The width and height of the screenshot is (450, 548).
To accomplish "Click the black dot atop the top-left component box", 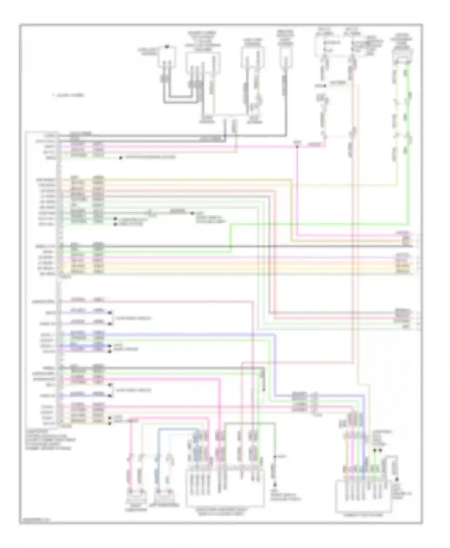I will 167,47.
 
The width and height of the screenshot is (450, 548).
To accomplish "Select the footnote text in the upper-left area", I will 68,95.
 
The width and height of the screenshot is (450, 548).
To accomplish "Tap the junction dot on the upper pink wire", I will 297,146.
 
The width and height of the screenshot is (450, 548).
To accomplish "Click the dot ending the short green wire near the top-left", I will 121,158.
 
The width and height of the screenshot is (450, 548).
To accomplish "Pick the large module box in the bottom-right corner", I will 363,496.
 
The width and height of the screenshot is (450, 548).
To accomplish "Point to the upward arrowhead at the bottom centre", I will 274,484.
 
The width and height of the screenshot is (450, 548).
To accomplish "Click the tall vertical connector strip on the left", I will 59,279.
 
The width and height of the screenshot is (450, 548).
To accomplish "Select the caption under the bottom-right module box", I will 363,515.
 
